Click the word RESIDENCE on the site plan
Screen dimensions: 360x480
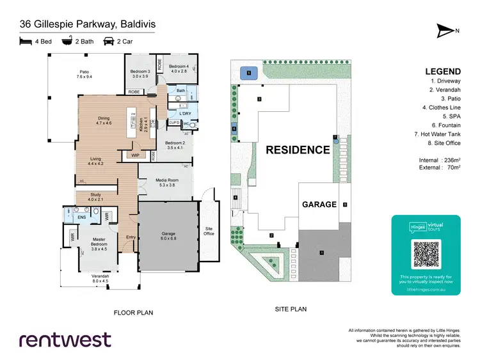coord(296,150)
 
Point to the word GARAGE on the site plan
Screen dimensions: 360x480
coord(319,205)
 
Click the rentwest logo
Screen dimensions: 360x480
coord(65,340)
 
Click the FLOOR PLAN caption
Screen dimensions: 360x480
coord(134,313)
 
